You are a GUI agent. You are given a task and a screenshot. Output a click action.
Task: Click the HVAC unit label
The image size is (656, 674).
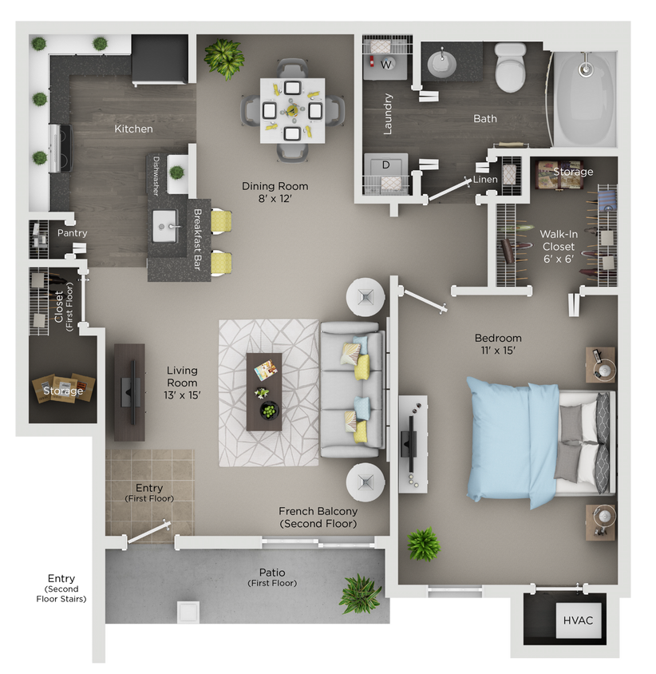579,620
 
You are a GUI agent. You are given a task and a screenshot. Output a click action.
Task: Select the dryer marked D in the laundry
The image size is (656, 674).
386,165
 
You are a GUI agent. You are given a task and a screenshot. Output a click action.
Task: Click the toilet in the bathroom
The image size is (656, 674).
510,69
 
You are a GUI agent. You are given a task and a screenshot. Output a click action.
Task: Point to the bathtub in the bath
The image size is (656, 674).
585,99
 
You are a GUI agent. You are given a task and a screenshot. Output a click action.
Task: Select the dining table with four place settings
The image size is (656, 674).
292,109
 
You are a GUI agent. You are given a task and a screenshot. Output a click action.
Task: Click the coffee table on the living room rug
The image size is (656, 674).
264,391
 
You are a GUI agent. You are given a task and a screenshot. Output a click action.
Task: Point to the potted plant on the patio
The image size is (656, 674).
359,593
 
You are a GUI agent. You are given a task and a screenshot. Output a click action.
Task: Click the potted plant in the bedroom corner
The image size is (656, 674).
423,544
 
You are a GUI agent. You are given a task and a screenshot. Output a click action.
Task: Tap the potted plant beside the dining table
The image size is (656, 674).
223,56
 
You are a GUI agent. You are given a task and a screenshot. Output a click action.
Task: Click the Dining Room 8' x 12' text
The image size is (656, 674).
275,192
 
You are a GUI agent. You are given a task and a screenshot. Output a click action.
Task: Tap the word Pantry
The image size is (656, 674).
72,233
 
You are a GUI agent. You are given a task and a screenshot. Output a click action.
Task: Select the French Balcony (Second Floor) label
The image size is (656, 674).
318,517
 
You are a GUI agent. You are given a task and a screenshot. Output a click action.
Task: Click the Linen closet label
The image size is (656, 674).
485,180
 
